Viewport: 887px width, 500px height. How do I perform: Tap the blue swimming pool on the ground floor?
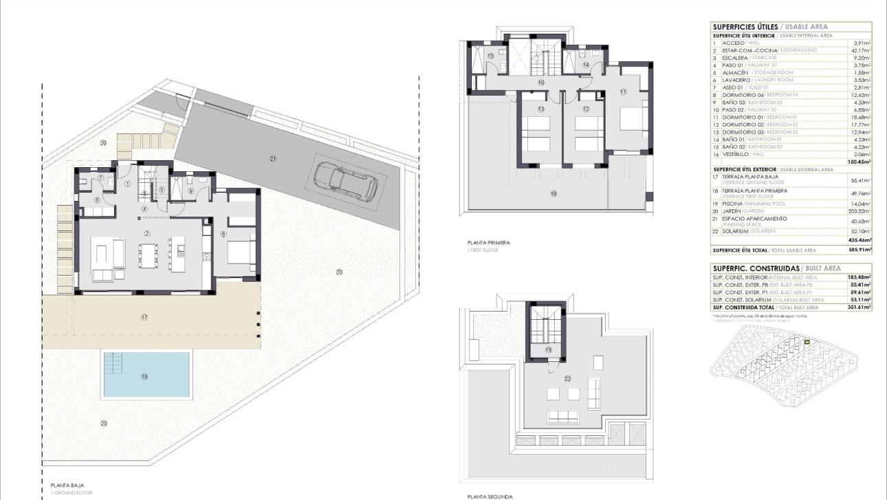[146, 375]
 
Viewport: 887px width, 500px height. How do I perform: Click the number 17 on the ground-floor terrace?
[144, 317]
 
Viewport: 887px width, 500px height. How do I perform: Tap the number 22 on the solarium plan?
[568, 378]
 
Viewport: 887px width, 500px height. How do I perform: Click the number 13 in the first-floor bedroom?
[541, 109]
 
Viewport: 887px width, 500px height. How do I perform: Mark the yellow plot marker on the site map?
[807, 342]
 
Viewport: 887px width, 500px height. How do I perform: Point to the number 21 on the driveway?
[273, 159]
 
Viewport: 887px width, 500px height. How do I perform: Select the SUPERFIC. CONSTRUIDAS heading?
[756, 268]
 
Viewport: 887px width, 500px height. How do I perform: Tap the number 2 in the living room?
[147, 234]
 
